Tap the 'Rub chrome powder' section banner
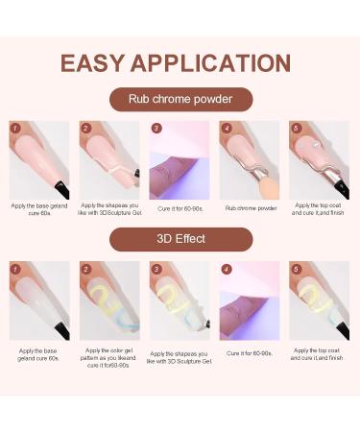(x=180, y=100)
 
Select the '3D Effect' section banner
(x=180, y=239)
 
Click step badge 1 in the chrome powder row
(x=16, y=127)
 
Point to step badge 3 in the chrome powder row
(x=156, y=127)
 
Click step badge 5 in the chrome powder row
(x=297, y=127)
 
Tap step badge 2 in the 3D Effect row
(x=86, y=268)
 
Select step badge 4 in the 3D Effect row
(x=227, y=268)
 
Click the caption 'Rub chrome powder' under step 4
(x=250, y=206)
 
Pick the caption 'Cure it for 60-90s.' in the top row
(x=180, y=206)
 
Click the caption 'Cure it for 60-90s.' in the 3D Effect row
(x=250, y=353)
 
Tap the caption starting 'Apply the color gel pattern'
(x=109, y=357)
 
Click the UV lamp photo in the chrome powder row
(x=180, y=159)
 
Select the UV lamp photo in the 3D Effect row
(x=250, y=300)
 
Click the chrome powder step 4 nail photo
(x=250, y=159)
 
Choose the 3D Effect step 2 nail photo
(x=109, y=300)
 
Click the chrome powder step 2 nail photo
(x=109, y=159)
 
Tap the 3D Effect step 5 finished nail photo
(x=320, y=300)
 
